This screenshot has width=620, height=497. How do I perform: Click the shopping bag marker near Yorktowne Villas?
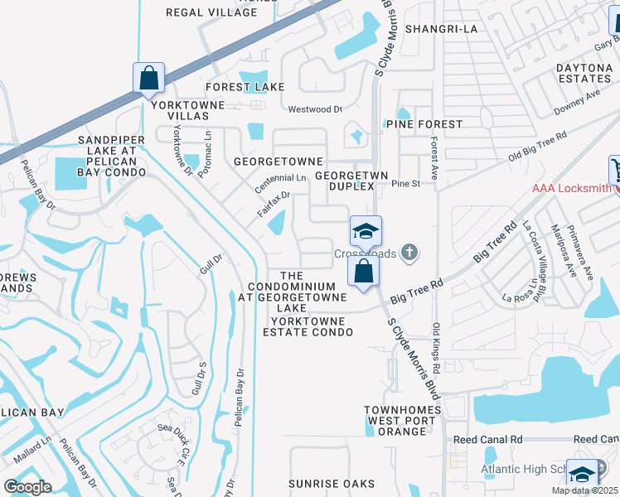point(148,79)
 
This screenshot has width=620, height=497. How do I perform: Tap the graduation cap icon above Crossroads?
point(366,230)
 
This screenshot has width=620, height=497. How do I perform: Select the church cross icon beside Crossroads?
point(408,253)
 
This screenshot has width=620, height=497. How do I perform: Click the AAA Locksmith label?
point(572,189)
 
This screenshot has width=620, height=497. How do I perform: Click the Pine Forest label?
point(424,124)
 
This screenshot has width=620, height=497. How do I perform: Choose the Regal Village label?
point(211,12)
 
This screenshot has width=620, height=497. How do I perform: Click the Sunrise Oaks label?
point(326,484)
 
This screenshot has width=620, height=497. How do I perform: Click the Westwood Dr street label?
point(315,109)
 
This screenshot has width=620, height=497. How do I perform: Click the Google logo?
point(27,487)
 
